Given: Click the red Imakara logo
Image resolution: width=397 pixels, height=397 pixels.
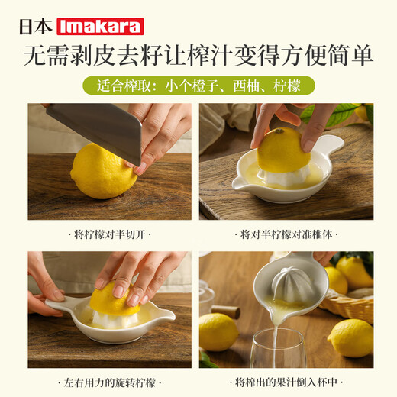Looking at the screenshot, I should pyautogui.click(x=100, y=26).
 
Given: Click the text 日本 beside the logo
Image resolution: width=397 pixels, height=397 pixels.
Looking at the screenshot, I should pyautogui.click(x=39, y=26).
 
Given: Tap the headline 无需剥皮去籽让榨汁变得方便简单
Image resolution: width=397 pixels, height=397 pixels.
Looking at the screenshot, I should pyautogui.click(x=198, y=56).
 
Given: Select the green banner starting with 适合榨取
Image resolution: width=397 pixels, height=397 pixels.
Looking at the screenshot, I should pyautogui.click(x=198, y=85).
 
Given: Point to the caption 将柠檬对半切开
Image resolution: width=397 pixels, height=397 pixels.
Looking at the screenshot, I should pyautogui.click(x=110, y=234).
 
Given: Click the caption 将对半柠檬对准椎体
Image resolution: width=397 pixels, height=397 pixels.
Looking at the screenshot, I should pyautogui.click(x=286, y=234).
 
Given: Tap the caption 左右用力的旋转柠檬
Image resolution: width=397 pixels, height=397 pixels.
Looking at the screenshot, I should pyautogui.click(x=110, y=381).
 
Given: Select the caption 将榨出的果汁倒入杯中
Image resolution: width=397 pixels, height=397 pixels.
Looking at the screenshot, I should pyautogui.click(x=286, y=381).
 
